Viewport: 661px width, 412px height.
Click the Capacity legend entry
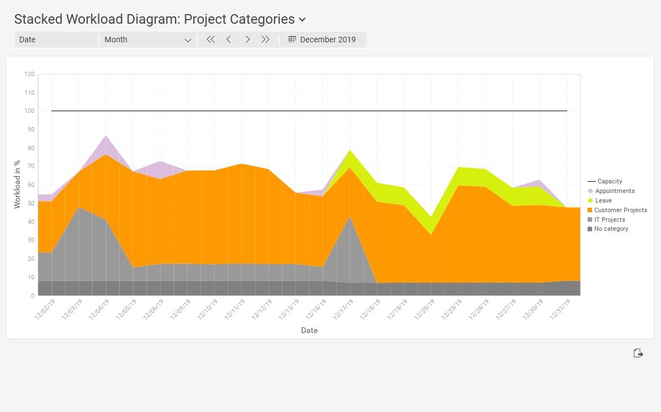(609, 181)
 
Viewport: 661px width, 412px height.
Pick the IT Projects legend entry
(610, 220)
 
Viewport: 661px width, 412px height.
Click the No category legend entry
(611, 229)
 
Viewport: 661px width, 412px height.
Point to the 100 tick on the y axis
(29, 111)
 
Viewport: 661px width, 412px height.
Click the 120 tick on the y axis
(29, 74)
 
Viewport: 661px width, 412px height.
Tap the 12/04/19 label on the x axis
(100, 310)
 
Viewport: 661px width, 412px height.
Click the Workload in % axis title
(17, 184)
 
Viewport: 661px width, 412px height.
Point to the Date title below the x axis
(309, 330)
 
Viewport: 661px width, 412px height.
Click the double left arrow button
(211, 40)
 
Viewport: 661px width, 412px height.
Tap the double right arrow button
(266, 40)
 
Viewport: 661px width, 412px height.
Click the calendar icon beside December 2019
(292, 40)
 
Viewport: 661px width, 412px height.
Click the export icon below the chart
(638, 353)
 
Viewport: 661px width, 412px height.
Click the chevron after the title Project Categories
(302, 20)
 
